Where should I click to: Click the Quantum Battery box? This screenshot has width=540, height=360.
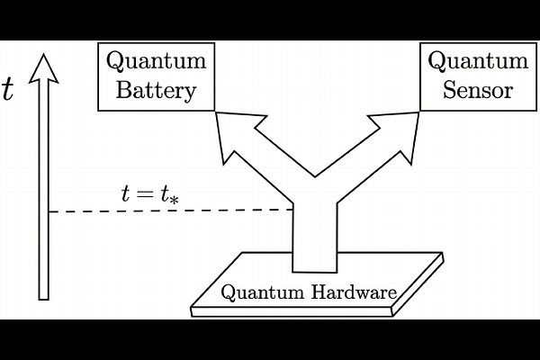(156, 76)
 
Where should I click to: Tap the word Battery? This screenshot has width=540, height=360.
(156, 92)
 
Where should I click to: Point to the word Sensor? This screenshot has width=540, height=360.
(478, 91)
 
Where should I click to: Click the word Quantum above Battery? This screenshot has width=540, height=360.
(156, 61)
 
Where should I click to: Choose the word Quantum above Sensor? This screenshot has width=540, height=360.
(478, 61)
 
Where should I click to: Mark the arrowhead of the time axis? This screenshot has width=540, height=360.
(43, 67)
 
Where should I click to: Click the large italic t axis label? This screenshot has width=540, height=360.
(8, 91)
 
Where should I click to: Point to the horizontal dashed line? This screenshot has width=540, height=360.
(171, 211)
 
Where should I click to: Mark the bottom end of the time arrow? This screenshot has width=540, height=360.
(43, 295)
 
